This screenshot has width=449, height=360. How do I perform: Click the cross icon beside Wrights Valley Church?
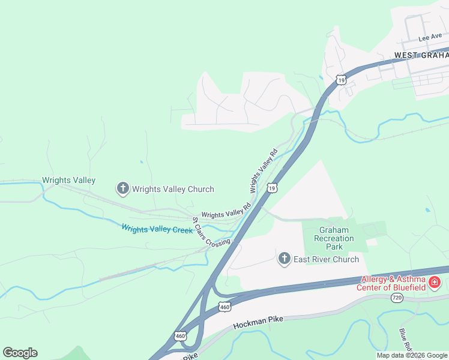(x=122, y=189)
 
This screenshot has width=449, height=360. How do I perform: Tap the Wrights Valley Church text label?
(x=173, y=190)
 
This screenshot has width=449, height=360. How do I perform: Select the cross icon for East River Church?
(x=285, y=259)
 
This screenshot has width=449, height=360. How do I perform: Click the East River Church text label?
(x=326, y=260)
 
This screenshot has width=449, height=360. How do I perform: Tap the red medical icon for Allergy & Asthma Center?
(x=435, y=282)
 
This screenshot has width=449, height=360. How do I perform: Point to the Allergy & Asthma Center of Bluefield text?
(x=393, y=283)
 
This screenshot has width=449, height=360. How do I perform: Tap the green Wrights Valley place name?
(x=68, y=180)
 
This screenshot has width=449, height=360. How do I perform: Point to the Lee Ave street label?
(x=430, y=37)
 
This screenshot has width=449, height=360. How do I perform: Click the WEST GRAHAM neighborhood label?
(x=421, y=55)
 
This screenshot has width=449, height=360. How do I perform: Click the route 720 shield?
(x=396, y=298)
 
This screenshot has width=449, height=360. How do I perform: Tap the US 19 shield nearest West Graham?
(x=340, y=79)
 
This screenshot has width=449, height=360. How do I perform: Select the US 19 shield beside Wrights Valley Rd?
(x=272, y=188)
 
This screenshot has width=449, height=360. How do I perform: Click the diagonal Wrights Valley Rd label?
(x=264, y=171)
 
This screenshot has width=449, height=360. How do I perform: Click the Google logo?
(x=20, y=353)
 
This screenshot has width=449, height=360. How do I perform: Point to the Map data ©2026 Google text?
(x=412, y=355)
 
